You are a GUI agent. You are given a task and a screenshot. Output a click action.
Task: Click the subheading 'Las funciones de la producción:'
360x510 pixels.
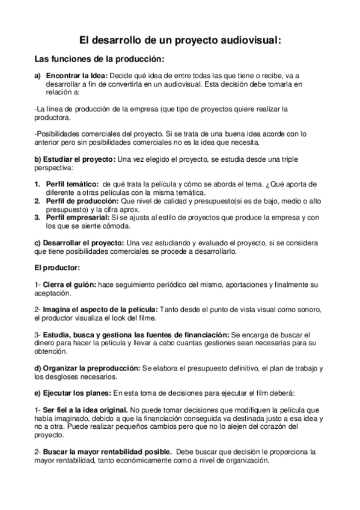(100, 60)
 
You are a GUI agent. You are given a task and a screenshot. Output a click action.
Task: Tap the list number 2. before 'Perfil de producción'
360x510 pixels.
(37, 200)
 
